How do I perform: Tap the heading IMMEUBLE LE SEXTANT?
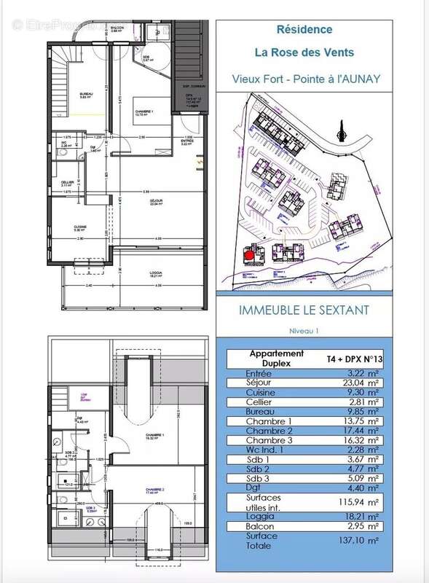[304, 310]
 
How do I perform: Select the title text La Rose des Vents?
[304, 52]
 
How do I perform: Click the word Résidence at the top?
[304, 30]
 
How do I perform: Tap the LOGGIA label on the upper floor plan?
[154, 273]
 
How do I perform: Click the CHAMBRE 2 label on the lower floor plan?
[155, 490]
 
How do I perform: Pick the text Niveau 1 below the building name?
[304, 330]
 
